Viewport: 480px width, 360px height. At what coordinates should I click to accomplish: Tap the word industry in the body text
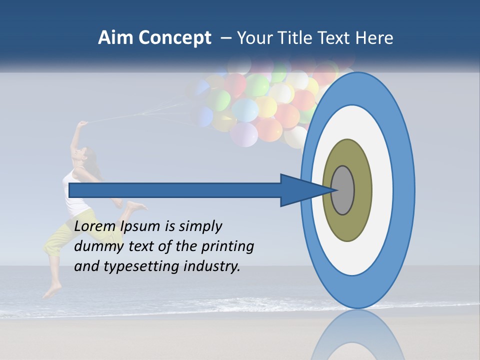(212, 266)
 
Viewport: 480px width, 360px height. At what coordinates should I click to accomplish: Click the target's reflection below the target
(357, 335)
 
